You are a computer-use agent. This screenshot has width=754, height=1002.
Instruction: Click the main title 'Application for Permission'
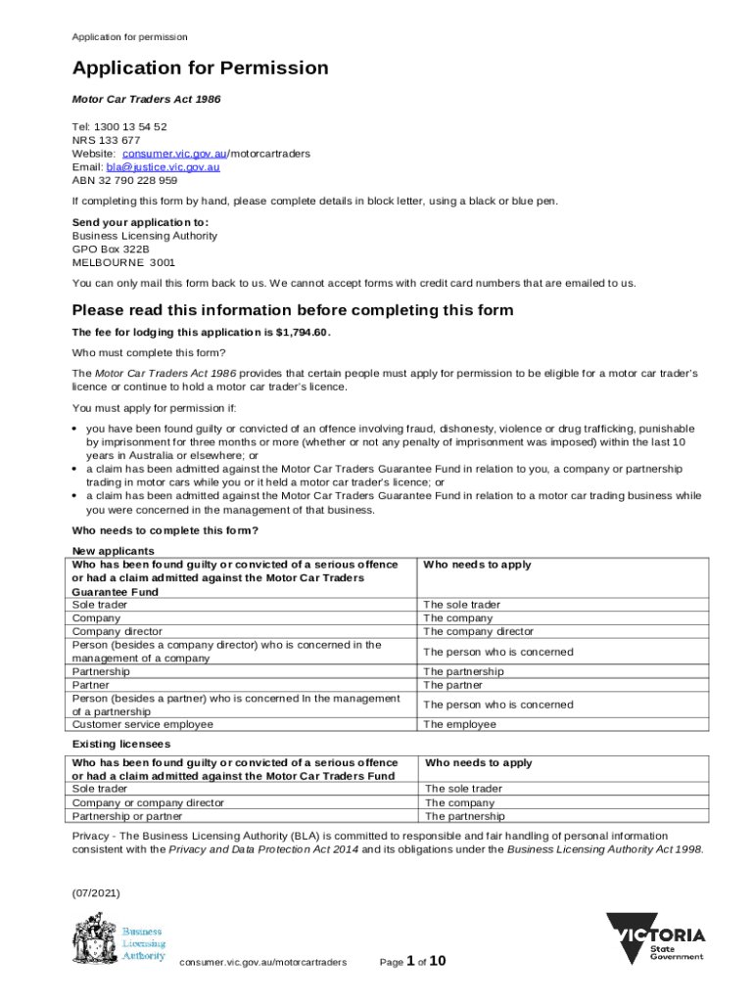point(200,68)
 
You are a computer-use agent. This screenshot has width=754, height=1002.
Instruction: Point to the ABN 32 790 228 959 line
point(124,181)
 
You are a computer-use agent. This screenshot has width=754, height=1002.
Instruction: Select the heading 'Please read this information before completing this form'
point(293,310)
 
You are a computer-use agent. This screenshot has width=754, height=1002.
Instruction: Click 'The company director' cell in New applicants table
point(478,632)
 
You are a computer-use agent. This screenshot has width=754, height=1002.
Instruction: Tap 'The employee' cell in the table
point(458,725)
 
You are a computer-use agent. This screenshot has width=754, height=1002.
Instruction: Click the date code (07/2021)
point(96,893)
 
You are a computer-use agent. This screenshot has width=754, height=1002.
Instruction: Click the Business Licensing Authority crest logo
point(94,937)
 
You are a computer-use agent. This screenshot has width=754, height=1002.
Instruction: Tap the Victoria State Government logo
point(655,937)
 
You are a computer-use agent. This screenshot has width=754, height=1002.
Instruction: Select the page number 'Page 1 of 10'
point(412,962)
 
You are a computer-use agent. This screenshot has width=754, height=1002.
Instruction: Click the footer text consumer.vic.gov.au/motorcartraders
point(262,963)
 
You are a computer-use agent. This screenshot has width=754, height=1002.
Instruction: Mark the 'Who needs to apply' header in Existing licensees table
point(478,763)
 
